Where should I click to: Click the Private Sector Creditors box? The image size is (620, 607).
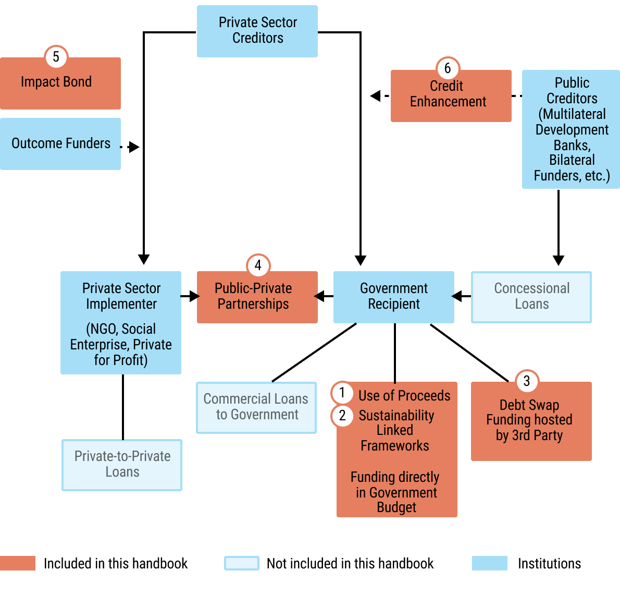tap(257, 31)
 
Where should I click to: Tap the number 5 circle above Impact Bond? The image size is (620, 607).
tap(56, 56)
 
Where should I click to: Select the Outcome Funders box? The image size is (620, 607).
tap(60, 143)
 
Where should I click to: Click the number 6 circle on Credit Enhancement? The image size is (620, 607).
tap(447, 68)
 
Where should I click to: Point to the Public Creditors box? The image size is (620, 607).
tap(571, 129)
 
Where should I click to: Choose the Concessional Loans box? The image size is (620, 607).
tap(531, 297)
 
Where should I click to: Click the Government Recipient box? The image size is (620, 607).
tap(394, 297)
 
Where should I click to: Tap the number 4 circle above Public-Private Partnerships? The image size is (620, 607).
tap(258, 265)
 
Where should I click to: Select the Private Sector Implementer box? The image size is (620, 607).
tap(121, 322)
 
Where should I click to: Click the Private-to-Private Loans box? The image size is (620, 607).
tap(122, 465)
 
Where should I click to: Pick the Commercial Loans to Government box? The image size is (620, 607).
tap(256, 407)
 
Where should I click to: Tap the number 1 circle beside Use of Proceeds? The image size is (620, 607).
tap(342, 393)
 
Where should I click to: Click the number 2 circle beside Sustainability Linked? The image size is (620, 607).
tap(342, 416)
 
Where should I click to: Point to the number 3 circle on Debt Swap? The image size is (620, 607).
tap(526, 381)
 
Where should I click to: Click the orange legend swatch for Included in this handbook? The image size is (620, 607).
tap(18, 563)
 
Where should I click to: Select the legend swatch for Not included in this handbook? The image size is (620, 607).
tap(242, 563)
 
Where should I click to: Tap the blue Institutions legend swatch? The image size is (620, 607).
tap(489, 563)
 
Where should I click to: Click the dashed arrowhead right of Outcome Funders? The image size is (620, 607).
tap(134, 147)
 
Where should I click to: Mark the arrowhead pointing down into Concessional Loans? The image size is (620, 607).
tap(559, 260)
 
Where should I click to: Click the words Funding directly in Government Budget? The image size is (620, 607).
tap(396, 492)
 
